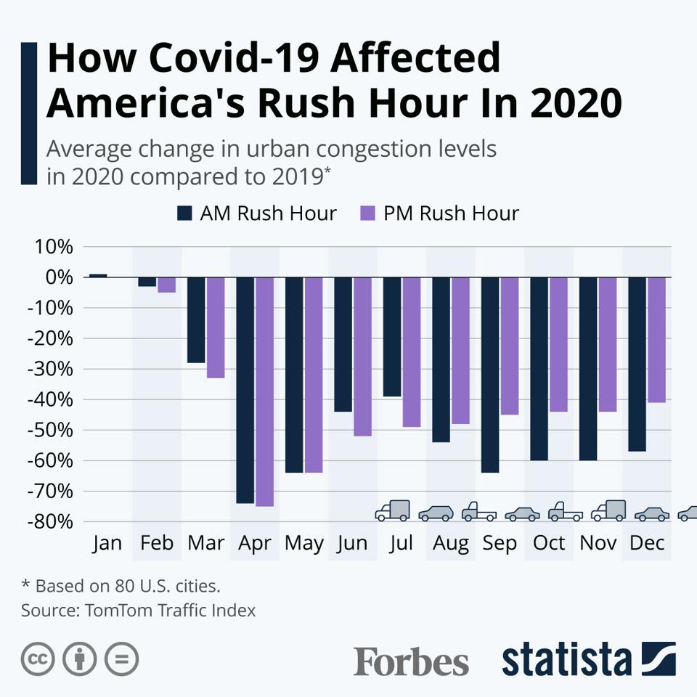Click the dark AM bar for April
point(245,390)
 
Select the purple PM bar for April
point(264,391)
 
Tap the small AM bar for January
point(98,276)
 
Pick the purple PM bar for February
point(167,285)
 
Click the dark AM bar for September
point(490,375)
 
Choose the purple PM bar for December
point(656,340)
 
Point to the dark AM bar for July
point(392,336)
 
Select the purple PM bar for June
point(363,356)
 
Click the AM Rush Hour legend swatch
point(184,213)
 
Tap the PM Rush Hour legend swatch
point(368,213)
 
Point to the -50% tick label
point(50,431)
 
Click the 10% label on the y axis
point(54,247)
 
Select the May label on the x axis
point(304,544)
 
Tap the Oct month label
point(549,543)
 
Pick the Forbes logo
point(411,661)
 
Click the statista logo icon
point(659,659)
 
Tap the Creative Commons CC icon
point(38,659)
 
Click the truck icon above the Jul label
point(393,510)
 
